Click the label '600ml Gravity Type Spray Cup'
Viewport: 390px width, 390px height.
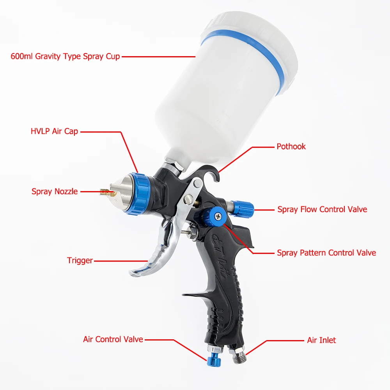[x=65, y=56]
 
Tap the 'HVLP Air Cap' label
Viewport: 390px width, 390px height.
[x=54, y=131]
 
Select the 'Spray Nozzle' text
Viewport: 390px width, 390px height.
[x=55, y=191]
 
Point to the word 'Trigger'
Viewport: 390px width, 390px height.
[x=80, y=261]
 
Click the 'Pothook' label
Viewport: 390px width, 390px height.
[x=291, y=147]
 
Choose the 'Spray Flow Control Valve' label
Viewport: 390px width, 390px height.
[x=322, y=209]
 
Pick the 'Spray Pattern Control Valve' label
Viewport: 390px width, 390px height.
[x=326, y=253]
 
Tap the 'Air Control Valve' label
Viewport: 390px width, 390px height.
[x=113, y=339]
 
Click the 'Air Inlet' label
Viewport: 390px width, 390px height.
[x=321, y=340]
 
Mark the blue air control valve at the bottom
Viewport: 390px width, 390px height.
[x=214, y=361]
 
